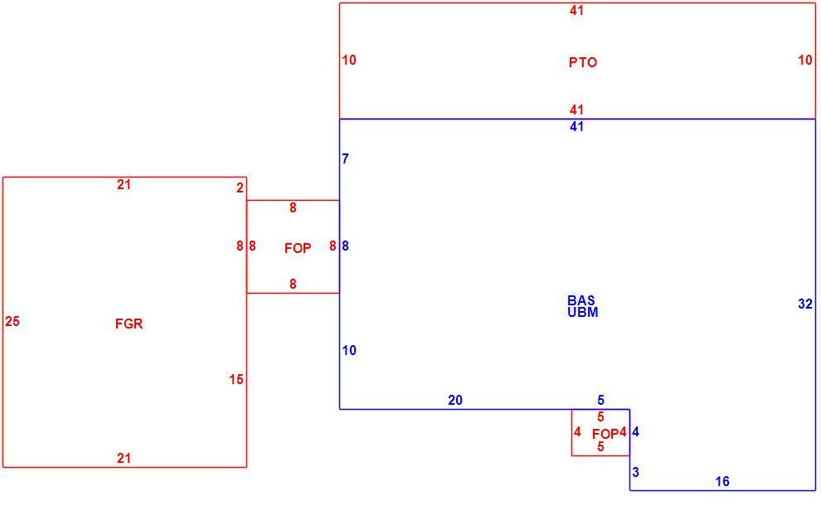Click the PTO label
tap(583, 62)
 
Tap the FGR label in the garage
tap(129, 324)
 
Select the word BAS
tap(581, 300)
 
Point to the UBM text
tap(583, 312)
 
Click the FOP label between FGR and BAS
tap(298, 248)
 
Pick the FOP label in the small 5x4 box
tap(605, 434)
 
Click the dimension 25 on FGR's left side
tap(12, 321)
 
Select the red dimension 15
tap(236, 379)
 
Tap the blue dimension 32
tap(805, 304)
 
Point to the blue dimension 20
tap(455, 400)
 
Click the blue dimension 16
tap(722, 481)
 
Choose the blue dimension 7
tap(345, 158)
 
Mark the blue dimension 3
tap(635, 473)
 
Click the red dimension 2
tap(240, 188)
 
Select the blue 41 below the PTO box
tap(576, 126)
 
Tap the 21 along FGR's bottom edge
tap(124, 459)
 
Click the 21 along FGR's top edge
tap(124, 184)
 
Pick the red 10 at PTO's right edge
tap(805, 61)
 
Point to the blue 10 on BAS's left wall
tap(349, 350)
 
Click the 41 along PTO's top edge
tap(576, 10)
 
